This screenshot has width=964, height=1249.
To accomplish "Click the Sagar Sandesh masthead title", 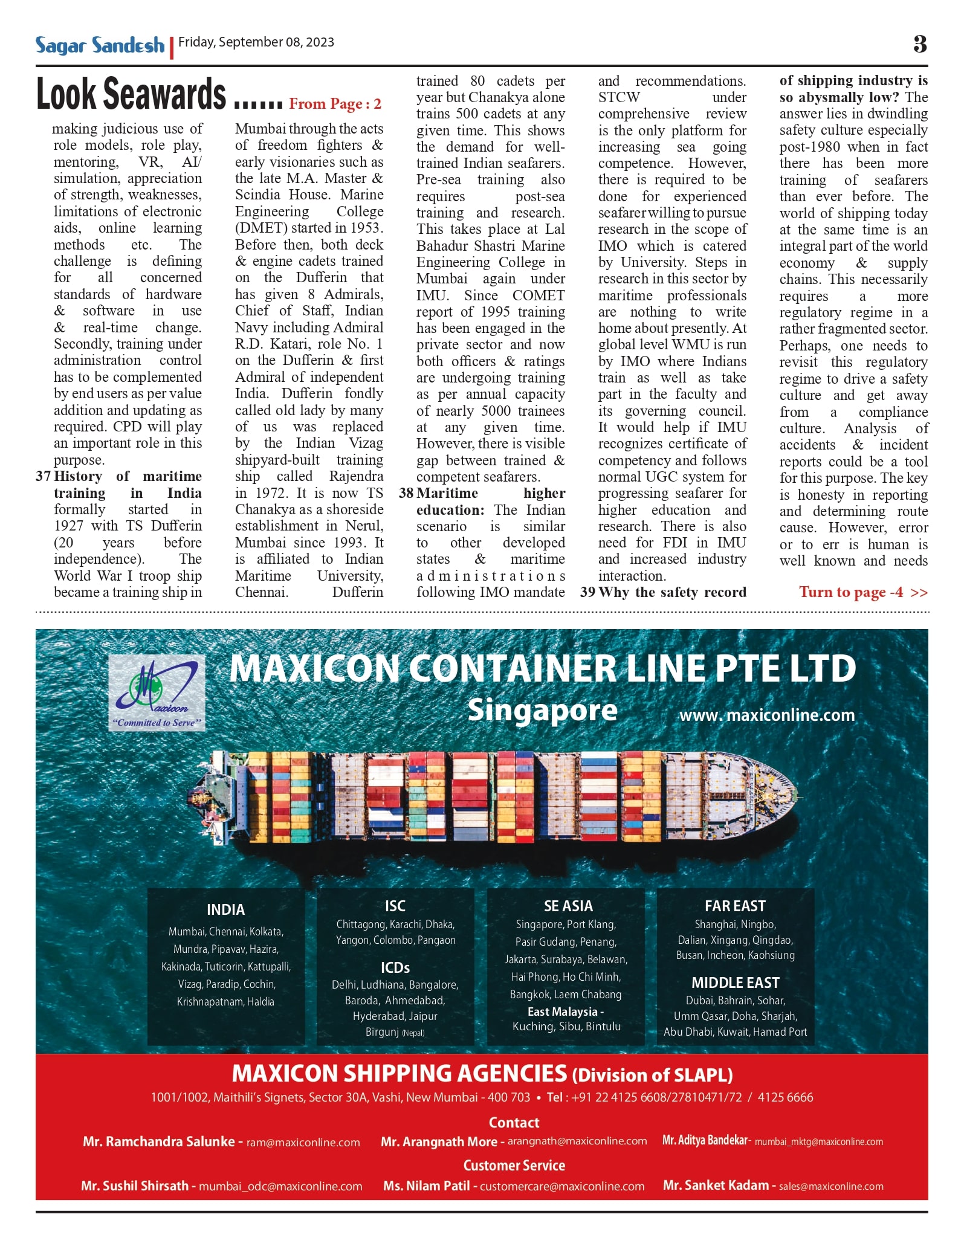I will [x=100, y=45].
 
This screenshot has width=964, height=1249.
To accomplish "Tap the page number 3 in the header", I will [x=920, y=44].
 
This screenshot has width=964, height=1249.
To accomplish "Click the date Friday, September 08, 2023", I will [x=256, y=42].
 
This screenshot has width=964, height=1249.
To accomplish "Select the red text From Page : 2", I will [x=335, y=104].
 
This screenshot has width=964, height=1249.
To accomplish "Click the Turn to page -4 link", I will [x=862, y=592].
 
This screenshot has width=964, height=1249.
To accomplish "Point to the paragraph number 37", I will [x=43, y=476].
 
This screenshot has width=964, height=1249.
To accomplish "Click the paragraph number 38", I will [x=406, y=493].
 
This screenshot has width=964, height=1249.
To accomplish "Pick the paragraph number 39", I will [x=587, y=592].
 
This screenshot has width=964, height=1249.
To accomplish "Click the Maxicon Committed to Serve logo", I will [x=157, y=693].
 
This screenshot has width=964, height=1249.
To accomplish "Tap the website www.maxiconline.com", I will [x=767, y=715].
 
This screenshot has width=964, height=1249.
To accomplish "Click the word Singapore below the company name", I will [x=542, y=711].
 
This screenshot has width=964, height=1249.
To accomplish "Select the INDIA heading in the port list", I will [x=225, y=909].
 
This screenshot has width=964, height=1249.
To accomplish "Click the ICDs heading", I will [x=395, y=967].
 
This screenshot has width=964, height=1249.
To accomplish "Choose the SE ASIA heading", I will [x=568, y=906].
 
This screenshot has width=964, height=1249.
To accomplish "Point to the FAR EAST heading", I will [x=735, y=906].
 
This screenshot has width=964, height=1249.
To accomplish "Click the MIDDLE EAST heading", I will [x=735, y=983].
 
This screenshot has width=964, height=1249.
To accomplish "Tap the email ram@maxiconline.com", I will [x=303, y=1143].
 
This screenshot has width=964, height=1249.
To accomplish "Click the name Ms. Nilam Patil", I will [x=426, y=1186].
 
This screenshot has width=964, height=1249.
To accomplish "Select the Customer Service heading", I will [x=514, y=1165].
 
